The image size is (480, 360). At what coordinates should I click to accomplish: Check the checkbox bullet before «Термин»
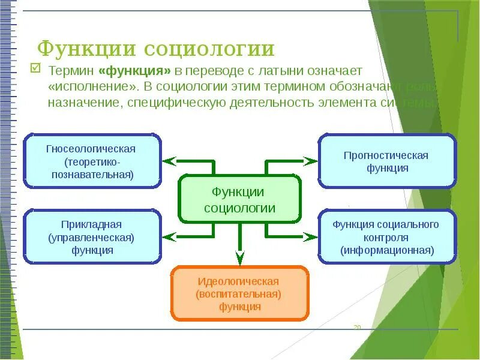pyautogui.click(x=35, y=70)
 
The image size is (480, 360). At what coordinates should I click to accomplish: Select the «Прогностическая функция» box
pyautogui.click(x=387, y=161)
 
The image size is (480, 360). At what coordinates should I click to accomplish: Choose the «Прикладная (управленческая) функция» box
pyautogui.click(x=92, y=237)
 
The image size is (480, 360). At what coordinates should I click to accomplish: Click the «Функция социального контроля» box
pyautogui.click(x=387, y=237)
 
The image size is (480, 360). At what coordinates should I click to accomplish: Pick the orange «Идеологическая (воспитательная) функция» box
pyautogui.click(x=239, y=293)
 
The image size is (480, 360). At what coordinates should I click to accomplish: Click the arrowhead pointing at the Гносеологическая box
pyautogui.click(x=169, y=161)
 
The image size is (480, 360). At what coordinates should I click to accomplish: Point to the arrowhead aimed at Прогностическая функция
pyautogui.click(x=310, y=161)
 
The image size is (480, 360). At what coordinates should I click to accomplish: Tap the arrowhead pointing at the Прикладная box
pyautogui.click(x=169, y=236)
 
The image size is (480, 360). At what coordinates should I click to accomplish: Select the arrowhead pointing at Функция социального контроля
pyautogui.click(x=310, y=236)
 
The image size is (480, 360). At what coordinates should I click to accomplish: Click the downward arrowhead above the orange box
pyautogui.click(x=239, y=258)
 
